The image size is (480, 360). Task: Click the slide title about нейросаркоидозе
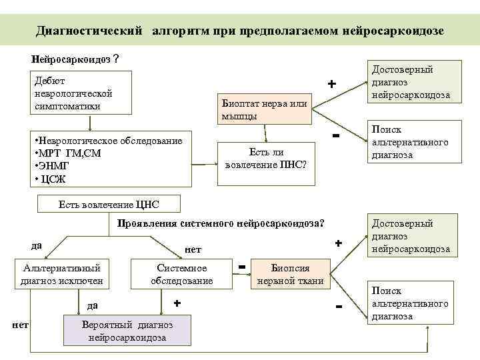click(239, 31)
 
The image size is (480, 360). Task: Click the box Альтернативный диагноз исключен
click(62, 274)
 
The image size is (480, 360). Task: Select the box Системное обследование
click(182, 274)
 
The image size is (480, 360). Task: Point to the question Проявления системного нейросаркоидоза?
click(221, 223)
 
